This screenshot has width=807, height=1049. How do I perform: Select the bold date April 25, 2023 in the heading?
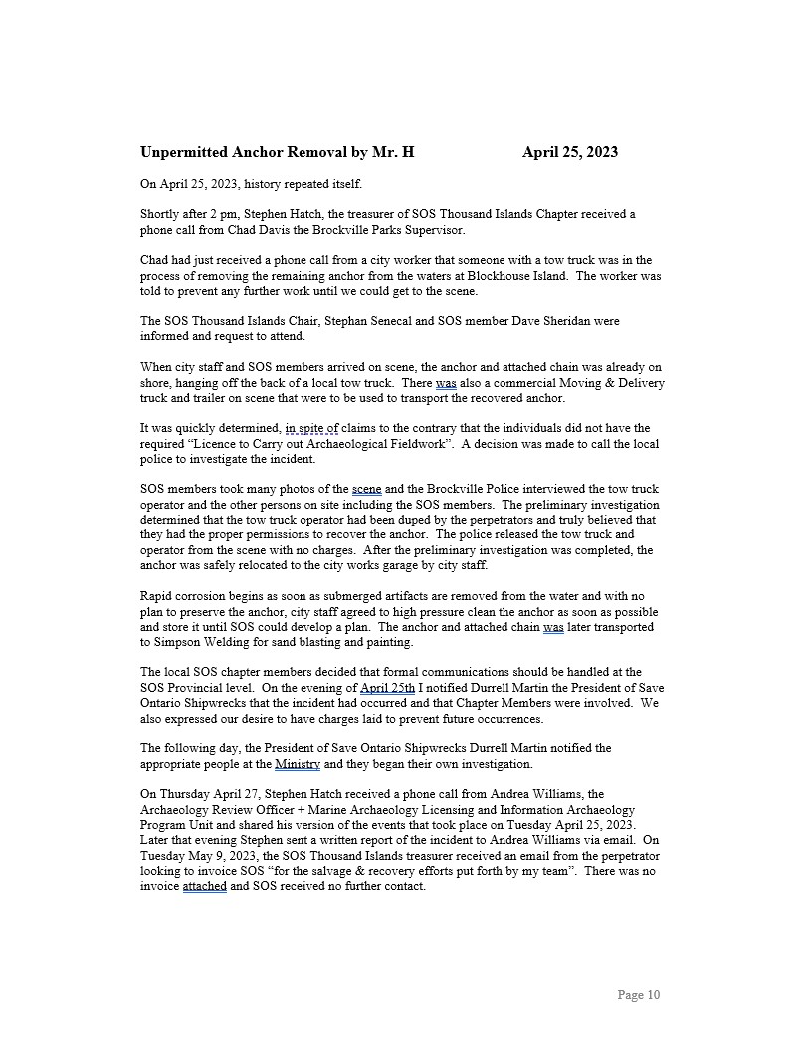[569, 152]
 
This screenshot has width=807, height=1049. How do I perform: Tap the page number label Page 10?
[638, 995]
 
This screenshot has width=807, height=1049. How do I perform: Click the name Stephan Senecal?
[344, 322]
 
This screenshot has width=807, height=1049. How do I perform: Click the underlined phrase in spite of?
[311, 429]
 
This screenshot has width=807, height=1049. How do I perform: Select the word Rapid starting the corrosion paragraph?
[156, 596]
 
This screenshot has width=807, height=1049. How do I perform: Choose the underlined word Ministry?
[298, 764]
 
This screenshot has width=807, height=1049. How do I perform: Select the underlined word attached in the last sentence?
[205, 886]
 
